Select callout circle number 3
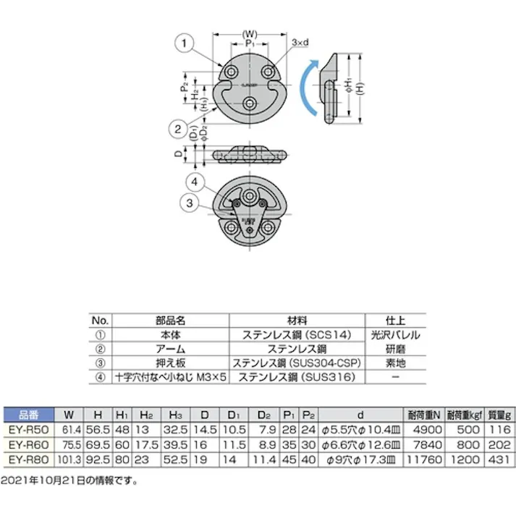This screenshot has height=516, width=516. coord(189,204)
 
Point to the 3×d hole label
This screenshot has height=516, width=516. coord(300,43)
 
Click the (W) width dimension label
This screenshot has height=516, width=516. coord(249,32)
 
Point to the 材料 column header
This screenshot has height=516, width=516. coord(297,320)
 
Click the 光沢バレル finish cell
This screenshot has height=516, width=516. coord(395,335)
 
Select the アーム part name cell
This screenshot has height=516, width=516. coord(172,349)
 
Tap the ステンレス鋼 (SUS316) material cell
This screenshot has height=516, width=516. coord(297,376)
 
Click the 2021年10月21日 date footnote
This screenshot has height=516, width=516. coord(69,480)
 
